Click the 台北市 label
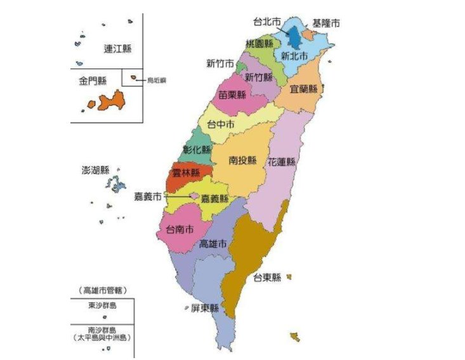pos(267,22)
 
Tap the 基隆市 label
pos(325,23)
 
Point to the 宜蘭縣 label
pos(303,89)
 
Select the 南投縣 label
pos(242,160)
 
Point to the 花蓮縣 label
pos(282,162)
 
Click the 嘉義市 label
pos(147,196)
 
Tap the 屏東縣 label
pos(204,309)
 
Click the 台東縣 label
pos(266,278)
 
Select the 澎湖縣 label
pos(96,170)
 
